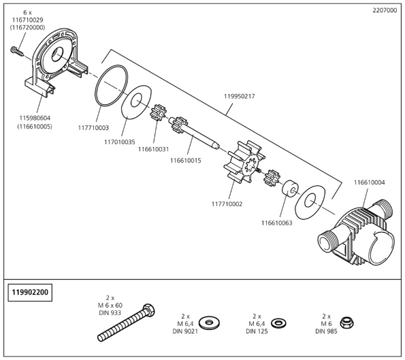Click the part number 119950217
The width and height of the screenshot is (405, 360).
[x=239, y=97]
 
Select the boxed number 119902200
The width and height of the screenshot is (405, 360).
[x=30, y=293]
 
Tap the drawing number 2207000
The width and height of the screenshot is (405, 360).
[x=385, y=11]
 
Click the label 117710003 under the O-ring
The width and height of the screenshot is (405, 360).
[x=93, y=128]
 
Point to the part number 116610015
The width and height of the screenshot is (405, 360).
[x=185, y=161]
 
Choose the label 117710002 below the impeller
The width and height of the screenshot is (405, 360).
[x=227, y=204]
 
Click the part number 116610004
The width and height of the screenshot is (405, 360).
[x=370, y=182]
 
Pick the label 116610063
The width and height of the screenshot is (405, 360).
[x=277, y=223]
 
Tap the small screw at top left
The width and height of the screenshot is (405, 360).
[x=17, y=51]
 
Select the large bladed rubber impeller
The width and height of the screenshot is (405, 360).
[x=244, y=163]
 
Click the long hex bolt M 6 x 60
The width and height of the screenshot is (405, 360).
[x=127, y=323]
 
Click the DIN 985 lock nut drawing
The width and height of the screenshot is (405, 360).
[x=347, y=323]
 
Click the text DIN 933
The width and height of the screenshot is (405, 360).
[x=110, y=313]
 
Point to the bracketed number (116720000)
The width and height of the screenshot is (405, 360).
[x=27, y=27]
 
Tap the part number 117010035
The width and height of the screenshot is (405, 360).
[x=120, y=142]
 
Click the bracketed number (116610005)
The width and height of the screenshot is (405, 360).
[x=35, y=127]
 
